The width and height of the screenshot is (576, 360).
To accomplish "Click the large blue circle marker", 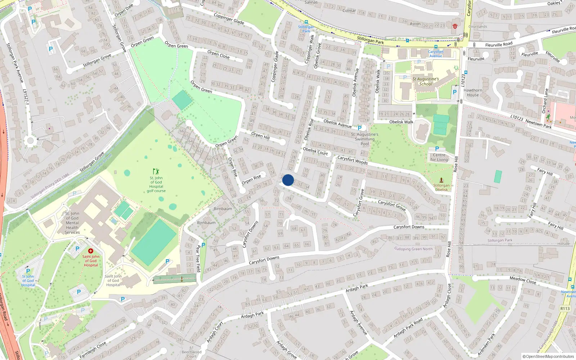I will (x=288, y=180).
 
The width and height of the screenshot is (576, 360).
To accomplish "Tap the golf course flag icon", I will (x=156, y=171).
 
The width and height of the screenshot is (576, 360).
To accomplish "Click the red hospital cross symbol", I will (x=91, y=251).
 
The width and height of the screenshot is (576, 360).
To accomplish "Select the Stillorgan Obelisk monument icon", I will (x=441, y=180).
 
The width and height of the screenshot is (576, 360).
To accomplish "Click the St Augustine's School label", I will (x=426, y=81).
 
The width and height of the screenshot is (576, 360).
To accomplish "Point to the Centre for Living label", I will (x=439, y=157).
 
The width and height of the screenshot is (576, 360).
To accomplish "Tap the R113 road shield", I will (x=565, y=309).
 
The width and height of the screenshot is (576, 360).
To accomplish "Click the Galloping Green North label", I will (x=413, y=249).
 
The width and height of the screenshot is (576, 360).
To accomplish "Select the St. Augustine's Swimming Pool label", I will (x=365, y=139).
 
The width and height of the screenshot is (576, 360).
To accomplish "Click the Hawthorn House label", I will (x=473, y=93).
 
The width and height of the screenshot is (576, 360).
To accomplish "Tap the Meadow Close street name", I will (x=523, y=280).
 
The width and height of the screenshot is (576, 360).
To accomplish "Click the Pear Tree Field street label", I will (x=198, y=258).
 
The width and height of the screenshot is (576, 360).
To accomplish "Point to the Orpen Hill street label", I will (x=260, y=135).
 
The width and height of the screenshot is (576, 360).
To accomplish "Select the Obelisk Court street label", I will (x=315, y=151).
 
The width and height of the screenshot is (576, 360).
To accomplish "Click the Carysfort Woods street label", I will (x=352, y=160).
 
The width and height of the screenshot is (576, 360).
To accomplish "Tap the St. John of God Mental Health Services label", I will (x=72, y=223).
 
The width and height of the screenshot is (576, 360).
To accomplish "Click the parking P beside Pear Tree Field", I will (x=203, y=245).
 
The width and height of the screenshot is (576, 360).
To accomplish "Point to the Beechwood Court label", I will (x=192, y=354).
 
